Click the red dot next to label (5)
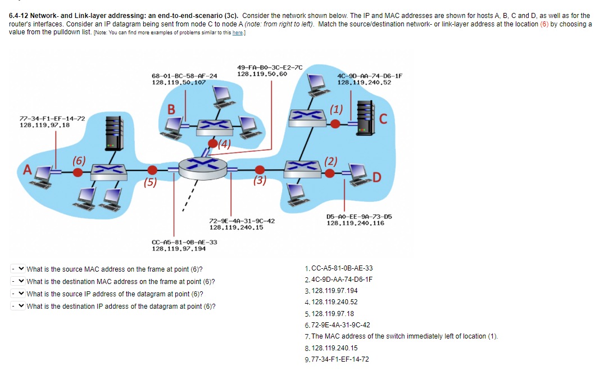(x=152, y=170)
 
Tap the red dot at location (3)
(x=259, y=169)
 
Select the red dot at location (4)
(x=213, y=143)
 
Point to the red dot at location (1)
(x=335, y=123)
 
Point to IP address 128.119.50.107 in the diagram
(x=179, y=82)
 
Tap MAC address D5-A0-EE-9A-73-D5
(x=359, y=216)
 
